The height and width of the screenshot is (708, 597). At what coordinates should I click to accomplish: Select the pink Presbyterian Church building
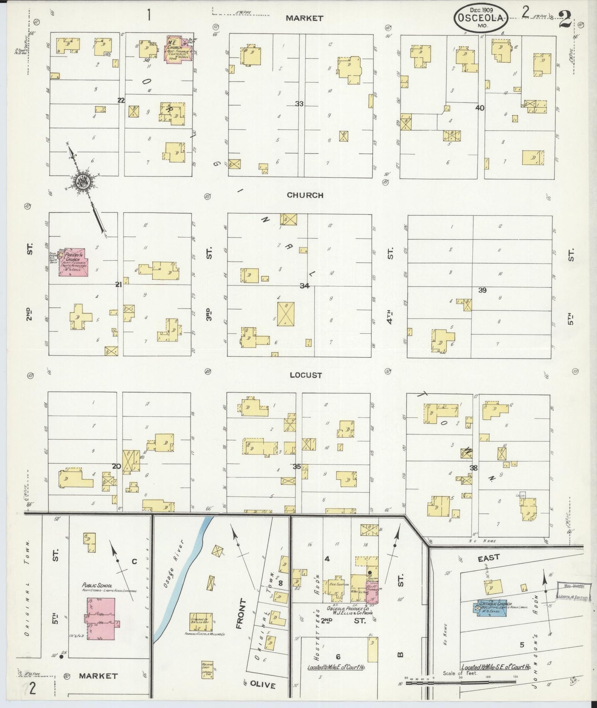(73, 262)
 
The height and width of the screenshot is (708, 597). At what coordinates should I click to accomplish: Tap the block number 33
(299, 104)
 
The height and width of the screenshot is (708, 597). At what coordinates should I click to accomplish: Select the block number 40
(480, 108)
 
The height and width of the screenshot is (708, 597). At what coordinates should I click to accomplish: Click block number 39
(482, 290)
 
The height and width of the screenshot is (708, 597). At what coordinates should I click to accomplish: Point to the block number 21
(119, 285)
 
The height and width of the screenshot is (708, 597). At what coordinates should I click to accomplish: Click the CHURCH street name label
(305, 195)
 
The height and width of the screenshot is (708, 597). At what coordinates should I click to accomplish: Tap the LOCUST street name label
(306, 375)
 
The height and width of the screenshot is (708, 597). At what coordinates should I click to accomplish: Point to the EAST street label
(489, 558)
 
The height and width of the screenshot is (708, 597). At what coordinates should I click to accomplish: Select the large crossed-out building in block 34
(286, 314)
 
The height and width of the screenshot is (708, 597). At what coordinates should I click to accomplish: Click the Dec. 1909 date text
(481, 9)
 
